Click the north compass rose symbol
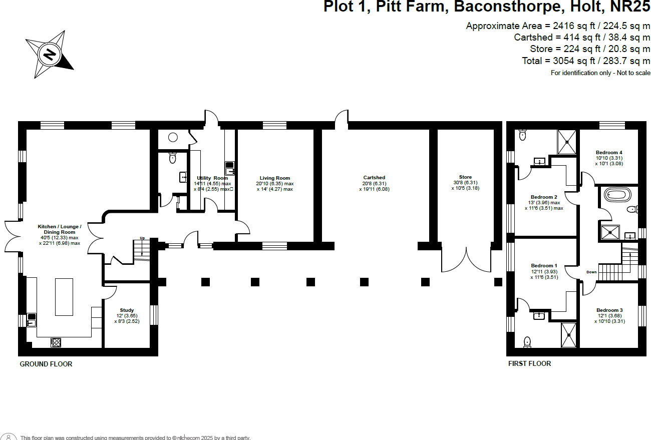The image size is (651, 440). (x=50, y=54)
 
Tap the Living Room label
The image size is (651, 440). (x=274, y=178)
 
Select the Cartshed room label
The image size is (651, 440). (x=374, y=178)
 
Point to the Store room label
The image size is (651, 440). (x=465, y=177)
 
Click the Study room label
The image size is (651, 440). (x=127, y=310)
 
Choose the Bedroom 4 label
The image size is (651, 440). (x=609, y=153)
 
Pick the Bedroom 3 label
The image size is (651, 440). (x=609, y=310)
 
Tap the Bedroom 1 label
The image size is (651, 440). (x=544, y=266)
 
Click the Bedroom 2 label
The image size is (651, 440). (x=544, y=197)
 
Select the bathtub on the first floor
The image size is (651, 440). (x=616, y=194)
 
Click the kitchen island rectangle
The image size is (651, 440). (x=64, y=296)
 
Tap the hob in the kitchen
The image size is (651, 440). (x=56, y=342)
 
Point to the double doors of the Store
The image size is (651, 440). (x=466, y=259)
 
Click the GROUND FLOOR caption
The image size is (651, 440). (x=46, y=364)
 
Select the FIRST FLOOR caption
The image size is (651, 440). (x=529, y=363)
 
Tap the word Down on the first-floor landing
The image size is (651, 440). (x=591, y=272)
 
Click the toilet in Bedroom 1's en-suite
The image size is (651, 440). (x=527, y=342)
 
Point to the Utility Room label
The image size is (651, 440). (x=212, y=178)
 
